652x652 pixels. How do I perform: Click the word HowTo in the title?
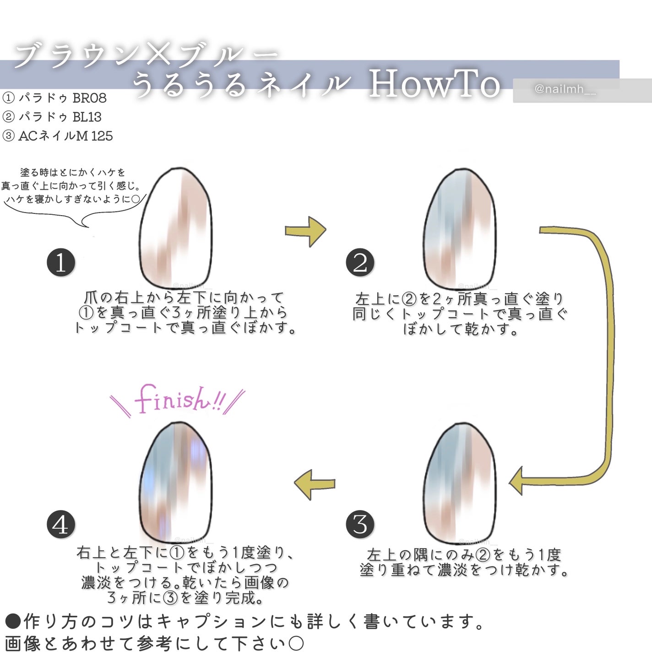coord(434,84)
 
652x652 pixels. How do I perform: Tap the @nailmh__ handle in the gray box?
coord(565,89)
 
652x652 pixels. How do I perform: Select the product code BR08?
coord(89,98)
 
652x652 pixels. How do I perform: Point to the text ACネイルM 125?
coord(65,136)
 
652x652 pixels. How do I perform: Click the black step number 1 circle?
coord(61,263)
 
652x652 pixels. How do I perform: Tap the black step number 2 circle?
coord(360,263)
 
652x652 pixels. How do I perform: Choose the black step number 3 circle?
coord(360,524)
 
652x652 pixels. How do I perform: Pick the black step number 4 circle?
coord(61,525)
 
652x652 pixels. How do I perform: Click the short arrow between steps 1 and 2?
coord(305,231)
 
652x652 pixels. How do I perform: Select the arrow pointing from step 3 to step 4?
coord(315,484)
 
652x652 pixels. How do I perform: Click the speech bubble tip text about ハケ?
coord(72,186)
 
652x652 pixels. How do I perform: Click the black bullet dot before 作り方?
coord(13,621)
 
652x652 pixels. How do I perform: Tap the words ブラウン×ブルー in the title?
coord(146,56)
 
